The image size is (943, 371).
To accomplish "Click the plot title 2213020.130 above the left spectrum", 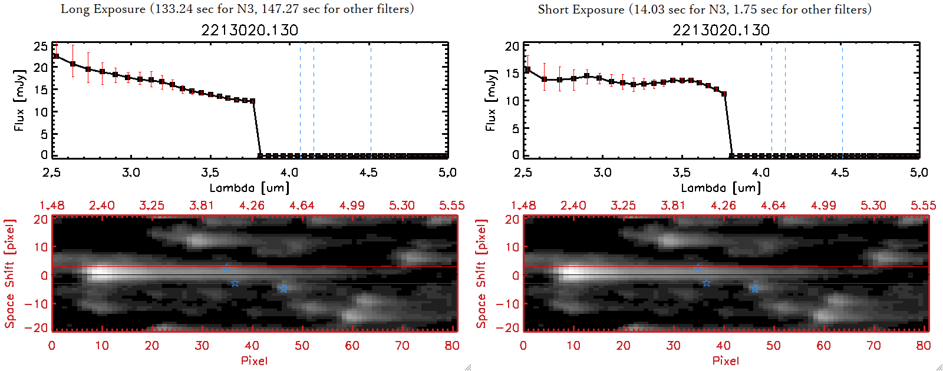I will tap(249, 30).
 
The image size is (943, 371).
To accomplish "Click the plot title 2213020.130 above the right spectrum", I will tap(721, 30).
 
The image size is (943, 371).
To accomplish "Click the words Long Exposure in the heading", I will tap(103, 9).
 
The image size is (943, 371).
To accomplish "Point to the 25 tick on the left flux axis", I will tap(41, 46).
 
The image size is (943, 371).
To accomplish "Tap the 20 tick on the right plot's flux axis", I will tap(512, 46).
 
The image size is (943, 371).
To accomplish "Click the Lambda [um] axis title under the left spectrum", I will tap(249, 188).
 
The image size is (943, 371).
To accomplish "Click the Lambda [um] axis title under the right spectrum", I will tap(721, 188).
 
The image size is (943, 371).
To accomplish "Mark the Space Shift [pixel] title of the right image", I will tap(482, 274).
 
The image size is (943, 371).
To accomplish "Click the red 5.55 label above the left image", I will tap(451, 206).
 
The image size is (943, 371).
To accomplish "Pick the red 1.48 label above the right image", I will tap(523, 206).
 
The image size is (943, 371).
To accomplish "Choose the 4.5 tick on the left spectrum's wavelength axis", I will tap(368, 173).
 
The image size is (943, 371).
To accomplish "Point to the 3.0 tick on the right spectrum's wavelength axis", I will tap(602, 173).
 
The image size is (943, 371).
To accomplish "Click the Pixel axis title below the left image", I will tap(254, 360).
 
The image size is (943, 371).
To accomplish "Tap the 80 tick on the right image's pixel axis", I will tap(924, 346).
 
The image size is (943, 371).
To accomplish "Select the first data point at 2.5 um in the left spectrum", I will tap(55, 56).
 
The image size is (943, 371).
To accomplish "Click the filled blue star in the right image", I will tap(755, 289).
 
